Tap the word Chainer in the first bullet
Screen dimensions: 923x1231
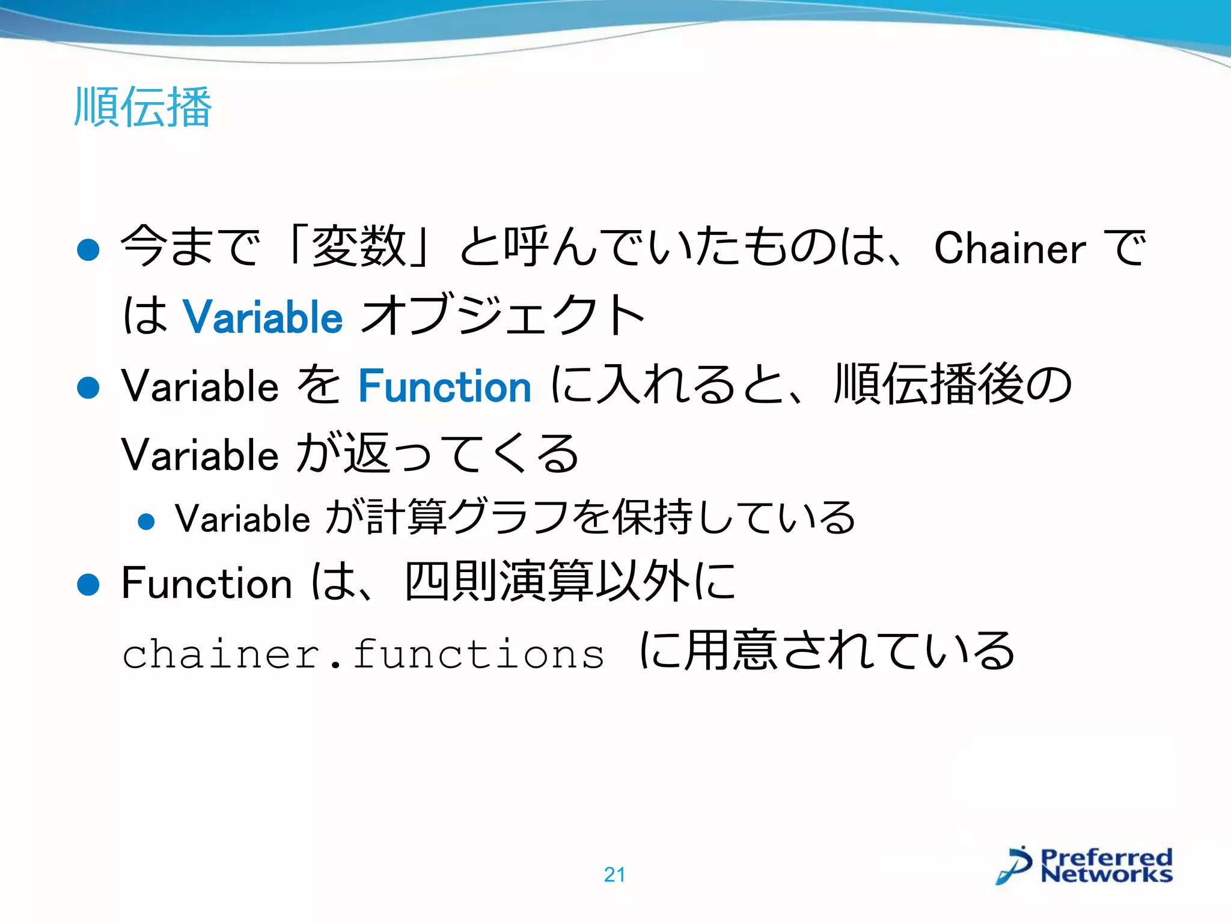[1009, 248]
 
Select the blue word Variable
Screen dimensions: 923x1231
[263, 317]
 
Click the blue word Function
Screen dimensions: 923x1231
[445, 386]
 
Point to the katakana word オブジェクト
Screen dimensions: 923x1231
[504, 315]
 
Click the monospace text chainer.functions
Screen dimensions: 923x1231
[363, 653]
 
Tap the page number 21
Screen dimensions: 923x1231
[614, 874]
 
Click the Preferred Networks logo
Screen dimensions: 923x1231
[1085, 865]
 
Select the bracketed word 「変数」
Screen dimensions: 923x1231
[359, 246]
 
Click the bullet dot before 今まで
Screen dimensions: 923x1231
[88, 249]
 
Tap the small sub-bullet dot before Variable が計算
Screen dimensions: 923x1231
[146, 521]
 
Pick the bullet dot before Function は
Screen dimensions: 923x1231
[88, 584]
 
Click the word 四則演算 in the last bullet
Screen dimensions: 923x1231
[498, 582]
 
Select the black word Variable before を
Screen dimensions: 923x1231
[200, 386]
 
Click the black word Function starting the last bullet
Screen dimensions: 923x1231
[206, 583]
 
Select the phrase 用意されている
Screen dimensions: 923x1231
[850, 651]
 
